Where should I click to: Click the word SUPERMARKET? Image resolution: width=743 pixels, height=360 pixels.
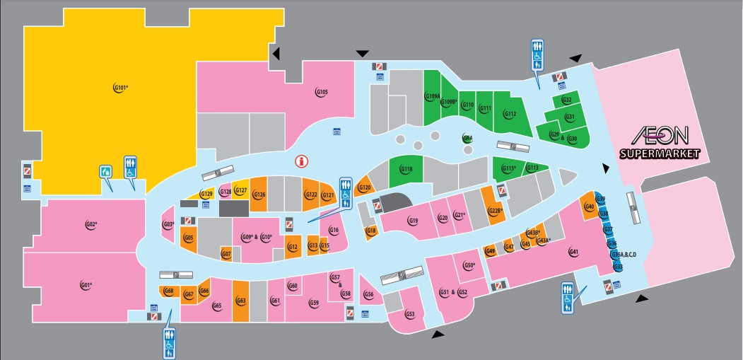[x=660, y=153]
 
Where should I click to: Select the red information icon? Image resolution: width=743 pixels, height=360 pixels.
[x=302, y=161]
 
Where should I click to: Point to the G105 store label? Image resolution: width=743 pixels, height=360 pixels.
[x=321, y=92]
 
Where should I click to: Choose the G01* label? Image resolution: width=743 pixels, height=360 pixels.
[x=86, y=285]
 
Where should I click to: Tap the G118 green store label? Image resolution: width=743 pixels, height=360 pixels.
[x=406, y=169]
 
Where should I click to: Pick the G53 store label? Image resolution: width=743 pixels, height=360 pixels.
[x=409, y=314]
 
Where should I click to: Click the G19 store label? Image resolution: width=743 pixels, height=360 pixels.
[x=414, y=221]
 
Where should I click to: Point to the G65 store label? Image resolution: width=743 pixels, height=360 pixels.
[x=217, y=306]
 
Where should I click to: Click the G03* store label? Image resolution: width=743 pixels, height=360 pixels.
[x=168, y=226]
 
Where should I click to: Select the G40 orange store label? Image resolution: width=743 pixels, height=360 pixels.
[x=588, y=207]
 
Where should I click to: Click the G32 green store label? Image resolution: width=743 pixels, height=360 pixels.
[x=566, y=100]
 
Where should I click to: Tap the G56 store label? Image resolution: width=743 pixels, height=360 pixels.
[x=368, y=294]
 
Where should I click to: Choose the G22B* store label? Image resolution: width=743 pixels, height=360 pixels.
[x=496, y=210]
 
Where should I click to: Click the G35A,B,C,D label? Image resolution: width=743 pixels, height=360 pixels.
[x=623, y=255]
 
